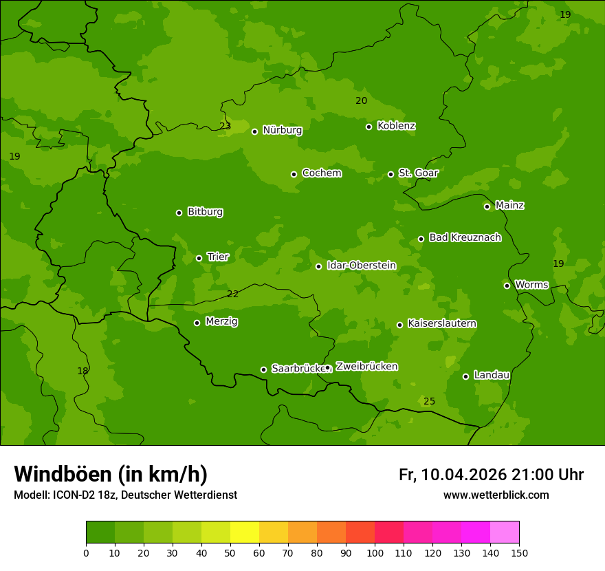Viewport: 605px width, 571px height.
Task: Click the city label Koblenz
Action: click(x=397, y=126)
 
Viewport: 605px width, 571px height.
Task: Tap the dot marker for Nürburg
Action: click(x=254, y=131)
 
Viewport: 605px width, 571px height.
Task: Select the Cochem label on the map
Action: click(x=321, y=173)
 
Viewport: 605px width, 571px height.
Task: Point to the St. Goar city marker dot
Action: click(x=390, y=174)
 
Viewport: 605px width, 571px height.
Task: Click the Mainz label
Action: click(x=509, y=205)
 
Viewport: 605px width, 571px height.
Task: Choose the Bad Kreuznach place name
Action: click(x=465, y=237)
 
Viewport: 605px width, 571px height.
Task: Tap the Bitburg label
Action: click(x=205, y=212)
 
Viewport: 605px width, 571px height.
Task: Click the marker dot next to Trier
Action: click(x=199, y=258)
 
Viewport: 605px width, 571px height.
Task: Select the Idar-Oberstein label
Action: click(x=361, y=266)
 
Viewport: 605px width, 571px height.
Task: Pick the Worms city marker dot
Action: click(x=507, y=285)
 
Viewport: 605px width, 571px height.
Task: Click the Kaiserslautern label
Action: click(x=442, y=323)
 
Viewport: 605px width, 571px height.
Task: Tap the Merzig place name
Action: click(x=221, y=321)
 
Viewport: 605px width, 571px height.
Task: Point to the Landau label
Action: click(x=492, y=375)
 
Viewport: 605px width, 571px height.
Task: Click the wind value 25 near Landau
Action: click(x=429, y=401)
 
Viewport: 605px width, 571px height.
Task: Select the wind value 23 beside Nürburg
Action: click(x=225, y=126)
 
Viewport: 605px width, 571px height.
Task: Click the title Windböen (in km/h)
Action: click(x=111, y=474)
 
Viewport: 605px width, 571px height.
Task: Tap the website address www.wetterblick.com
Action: click(x=496, y=495)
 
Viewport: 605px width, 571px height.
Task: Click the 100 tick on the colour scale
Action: click(x=375, y=552)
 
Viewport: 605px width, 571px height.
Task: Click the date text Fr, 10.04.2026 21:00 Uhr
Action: click(x=491, y=475)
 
